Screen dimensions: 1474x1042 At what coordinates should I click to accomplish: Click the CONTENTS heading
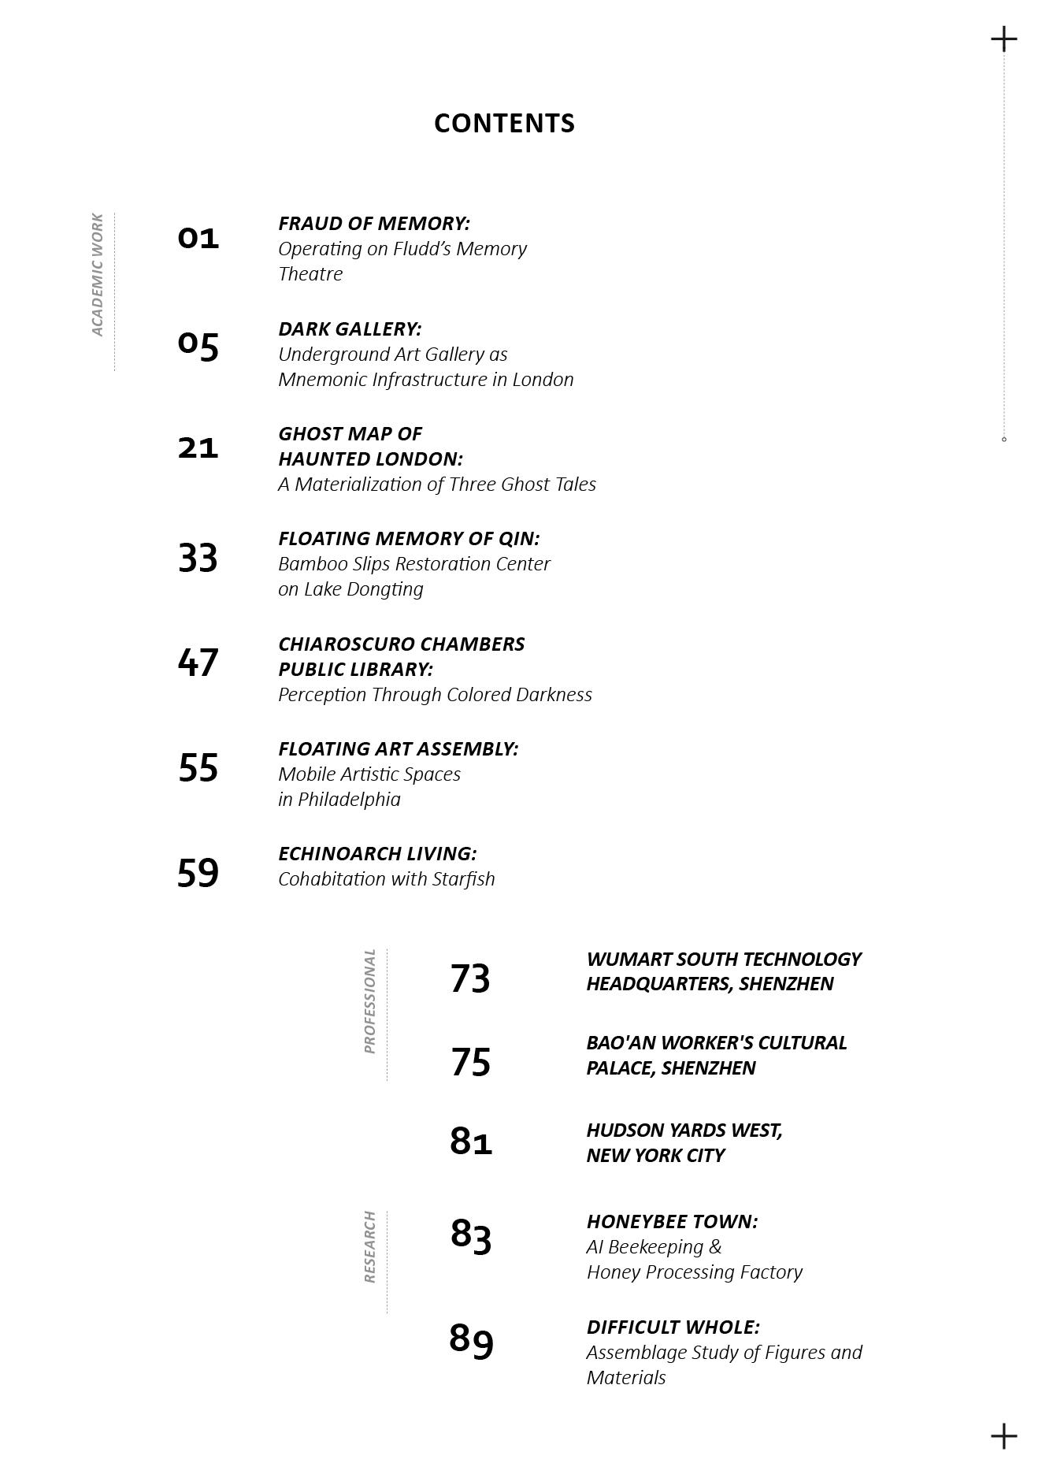504,124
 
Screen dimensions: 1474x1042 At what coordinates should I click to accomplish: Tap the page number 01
198,238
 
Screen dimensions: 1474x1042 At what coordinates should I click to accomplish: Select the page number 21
198,447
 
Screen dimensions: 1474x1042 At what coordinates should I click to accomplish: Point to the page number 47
198,663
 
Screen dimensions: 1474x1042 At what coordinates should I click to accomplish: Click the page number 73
470,978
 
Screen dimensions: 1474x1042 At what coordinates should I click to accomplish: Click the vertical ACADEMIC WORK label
98,274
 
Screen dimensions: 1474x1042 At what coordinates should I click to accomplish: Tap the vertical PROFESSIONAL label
370,1001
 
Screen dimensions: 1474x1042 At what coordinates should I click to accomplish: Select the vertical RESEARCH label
370,1247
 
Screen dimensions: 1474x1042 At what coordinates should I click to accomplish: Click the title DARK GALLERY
350,329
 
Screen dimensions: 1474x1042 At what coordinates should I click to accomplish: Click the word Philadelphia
349,799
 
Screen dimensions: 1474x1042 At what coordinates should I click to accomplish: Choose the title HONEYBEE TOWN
672,1221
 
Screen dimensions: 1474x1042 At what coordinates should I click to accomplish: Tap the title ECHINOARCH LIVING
377,853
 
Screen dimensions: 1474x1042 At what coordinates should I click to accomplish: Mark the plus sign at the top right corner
1003,39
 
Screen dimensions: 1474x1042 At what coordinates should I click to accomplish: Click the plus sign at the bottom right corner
1003,1436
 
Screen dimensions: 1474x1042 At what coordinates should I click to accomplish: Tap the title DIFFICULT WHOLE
673,1327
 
